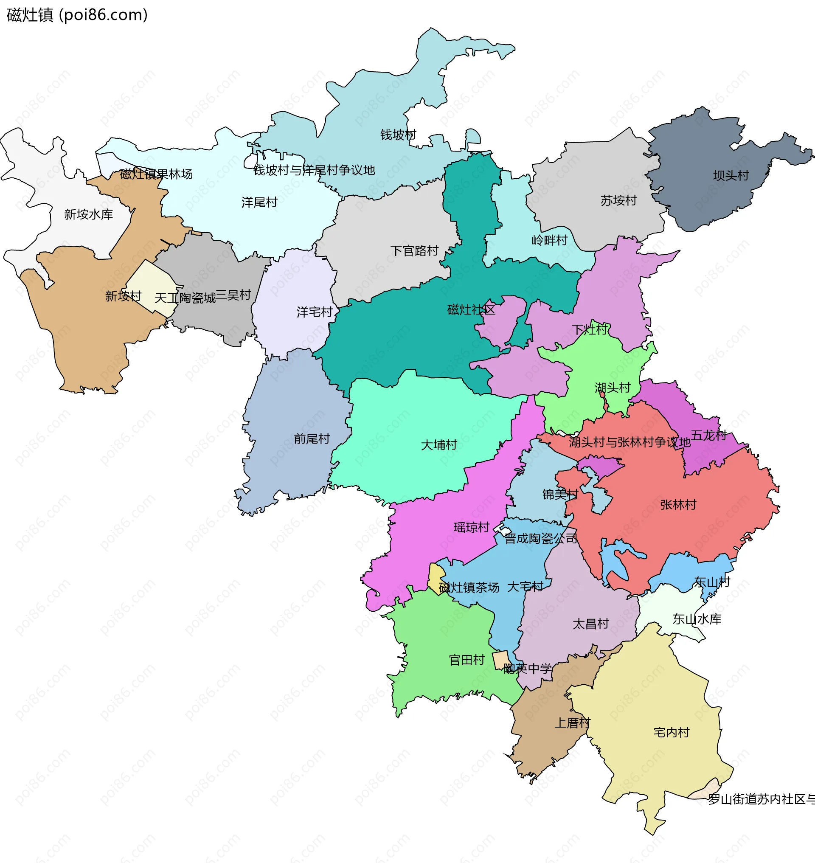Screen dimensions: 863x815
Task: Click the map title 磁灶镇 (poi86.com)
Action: pos(77,15)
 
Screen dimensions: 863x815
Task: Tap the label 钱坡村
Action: pos(398,135)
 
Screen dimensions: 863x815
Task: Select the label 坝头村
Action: pos(731,176)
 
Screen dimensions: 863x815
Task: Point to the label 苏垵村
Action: pos(618,201)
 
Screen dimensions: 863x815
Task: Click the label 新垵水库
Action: pos(88,214)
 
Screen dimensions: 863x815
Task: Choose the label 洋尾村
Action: pos(259,202)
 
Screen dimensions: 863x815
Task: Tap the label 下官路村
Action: pos(414,251)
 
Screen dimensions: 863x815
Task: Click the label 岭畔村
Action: pos(549,240)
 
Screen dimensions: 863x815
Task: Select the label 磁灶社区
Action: pos(471,310)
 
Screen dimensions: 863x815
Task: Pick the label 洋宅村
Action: pos(314,312)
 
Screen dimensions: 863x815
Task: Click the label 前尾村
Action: pos(312,439)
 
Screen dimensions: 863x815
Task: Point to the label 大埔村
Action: pos(439,445)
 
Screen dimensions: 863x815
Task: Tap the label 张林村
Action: pos(678,505)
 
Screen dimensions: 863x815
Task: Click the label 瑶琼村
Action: pos(471,528)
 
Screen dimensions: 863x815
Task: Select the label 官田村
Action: pos(467,660)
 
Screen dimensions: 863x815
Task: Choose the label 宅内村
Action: pos(671,733)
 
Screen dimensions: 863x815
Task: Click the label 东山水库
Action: pos(697,619)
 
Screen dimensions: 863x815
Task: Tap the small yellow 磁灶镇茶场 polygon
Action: pos(435,578)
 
